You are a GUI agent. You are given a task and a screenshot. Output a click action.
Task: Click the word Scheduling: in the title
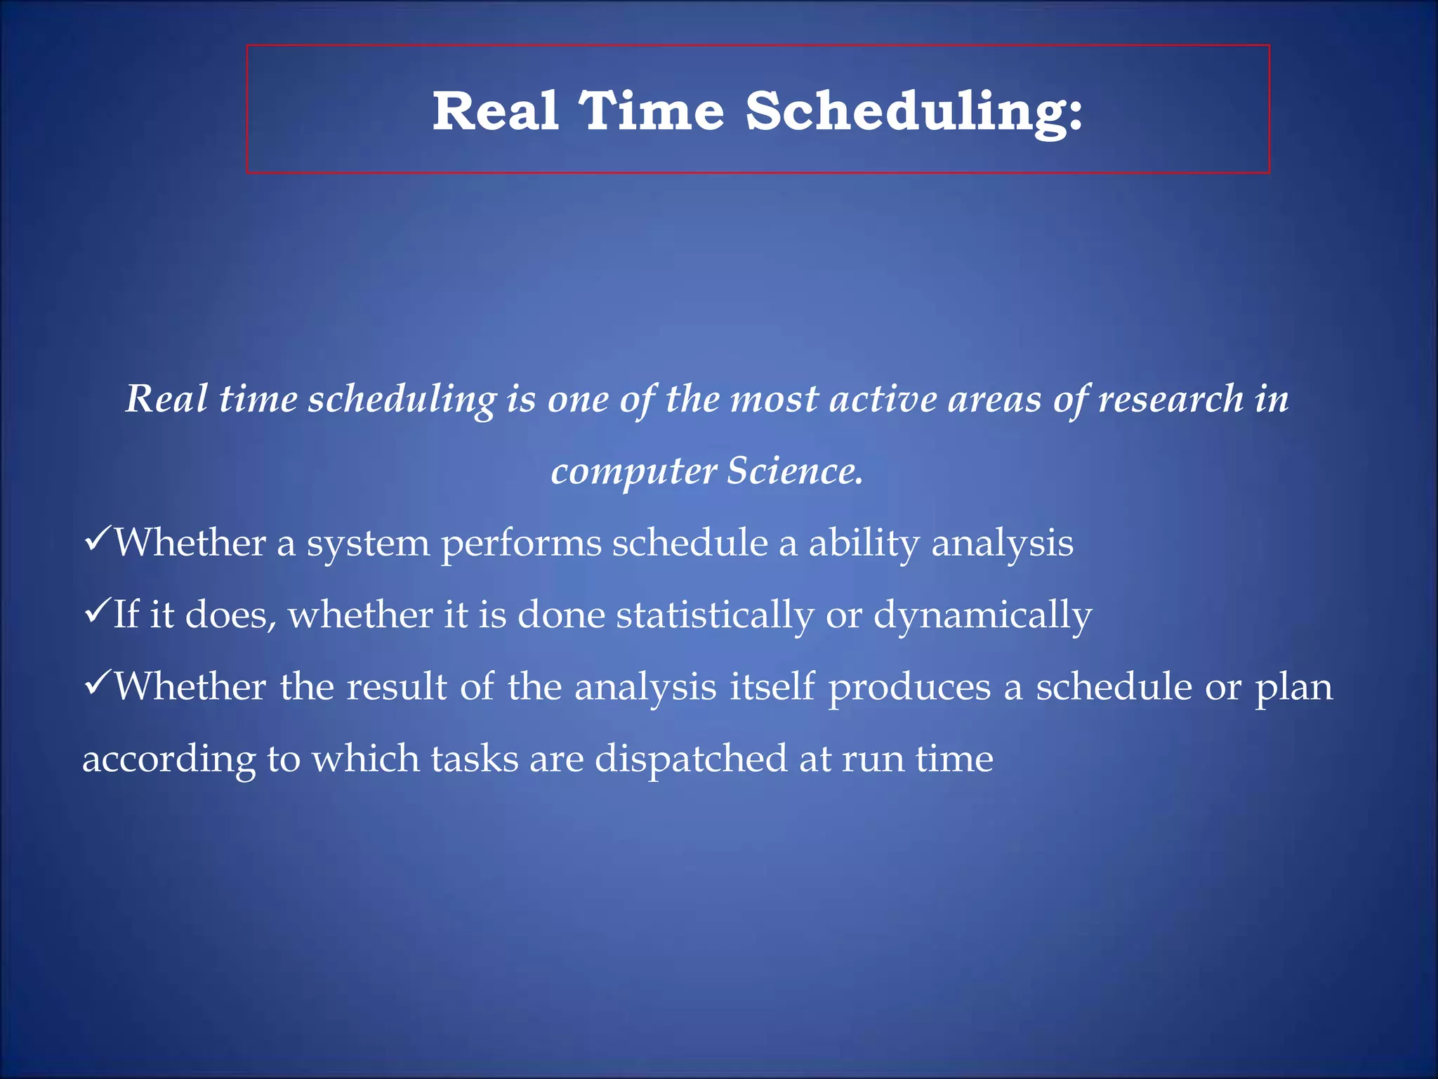(913, 112)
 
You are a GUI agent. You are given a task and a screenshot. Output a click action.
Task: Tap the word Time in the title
(651, 111)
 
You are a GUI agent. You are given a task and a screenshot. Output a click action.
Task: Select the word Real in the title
(496, 111)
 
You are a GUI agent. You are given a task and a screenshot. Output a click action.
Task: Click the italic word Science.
(794, 471)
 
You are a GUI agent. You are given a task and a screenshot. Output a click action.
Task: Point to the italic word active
(883, 399)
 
